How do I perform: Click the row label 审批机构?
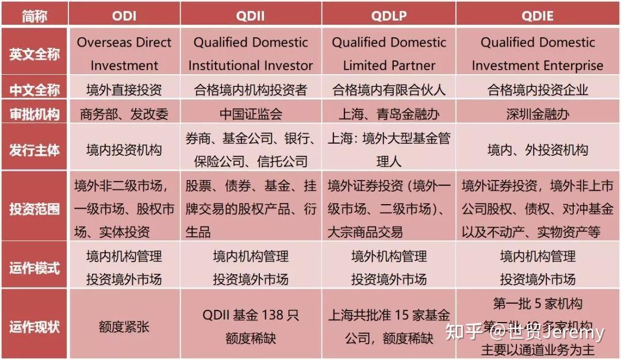[34, 114]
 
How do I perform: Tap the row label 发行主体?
[34, 150]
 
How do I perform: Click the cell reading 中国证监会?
[251, 114]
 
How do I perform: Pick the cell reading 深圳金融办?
[538, 114]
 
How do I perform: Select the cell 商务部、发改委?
[124, 114]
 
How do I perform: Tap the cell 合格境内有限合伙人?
[389, 90]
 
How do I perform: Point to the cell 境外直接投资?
[124, 90]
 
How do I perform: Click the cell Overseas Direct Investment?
[124, 53]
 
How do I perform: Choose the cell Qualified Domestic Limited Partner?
[389, 53]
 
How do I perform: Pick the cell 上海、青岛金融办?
[389, 114]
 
